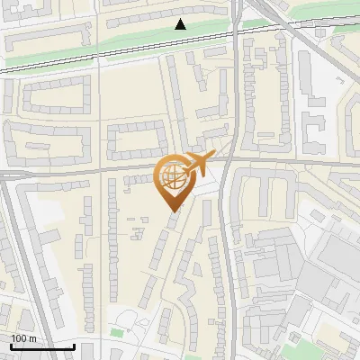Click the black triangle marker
[x=181, y=24]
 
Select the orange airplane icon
[x=196, y=163]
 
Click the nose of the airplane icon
[x=211, y=157]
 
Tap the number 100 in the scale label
[x=19, y=338]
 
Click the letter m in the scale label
[x=32, y=338]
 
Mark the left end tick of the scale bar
[x=11, y=345]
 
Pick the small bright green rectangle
[x=116, y=334]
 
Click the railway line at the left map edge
[x=7, y=67]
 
